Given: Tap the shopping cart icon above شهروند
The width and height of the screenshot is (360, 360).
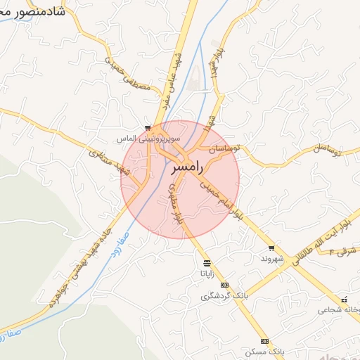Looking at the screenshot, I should pyautogui.click(x=271, y=248).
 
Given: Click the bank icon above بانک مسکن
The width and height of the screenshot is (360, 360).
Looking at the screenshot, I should pyautogui.click(x=264, y=340).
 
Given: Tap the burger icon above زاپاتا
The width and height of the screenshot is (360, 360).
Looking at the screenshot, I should pyautogui.click(x=206, y=263).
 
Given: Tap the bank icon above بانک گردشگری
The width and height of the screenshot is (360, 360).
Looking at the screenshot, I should pyautogui.click(x=224, y=285).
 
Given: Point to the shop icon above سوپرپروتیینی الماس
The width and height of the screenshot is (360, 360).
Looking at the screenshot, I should pyautogui.click(x=148, y=128).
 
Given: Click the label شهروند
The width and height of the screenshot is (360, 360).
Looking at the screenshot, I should pyautogui.click(x=271, y=258).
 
